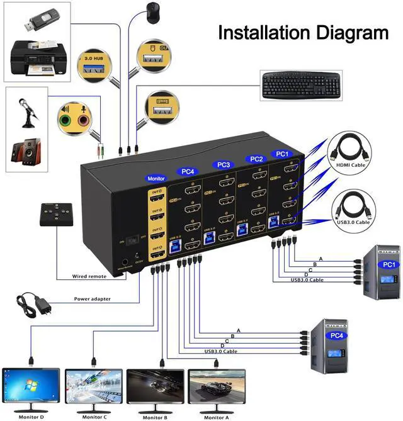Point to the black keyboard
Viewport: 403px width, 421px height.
click(300, 85)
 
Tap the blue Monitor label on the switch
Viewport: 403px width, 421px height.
click(155, 179)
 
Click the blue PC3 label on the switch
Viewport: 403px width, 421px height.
click(224, 165)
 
